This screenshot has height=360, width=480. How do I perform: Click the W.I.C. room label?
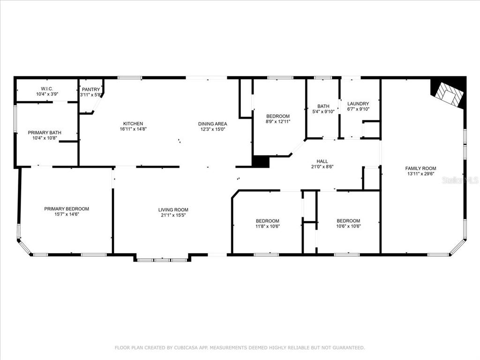47,89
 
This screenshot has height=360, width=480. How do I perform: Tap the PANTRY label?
91,90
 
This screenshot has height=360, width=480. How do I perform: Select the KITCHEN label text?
133,124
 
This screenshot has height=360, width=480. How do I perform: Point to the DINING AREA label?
213,124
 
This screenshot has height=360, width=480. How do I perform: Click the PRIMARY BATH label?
45,133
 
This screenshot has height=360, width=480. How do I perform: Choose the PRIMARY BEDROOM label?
67,209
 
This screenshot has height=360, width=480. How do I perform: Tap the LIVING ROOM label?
173,210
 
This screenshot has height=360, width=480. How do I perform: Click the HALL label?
322,161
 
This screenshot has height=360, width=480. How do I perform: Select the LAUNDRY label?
358,104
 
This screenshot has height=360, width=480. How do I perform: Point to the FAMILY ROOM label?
420,168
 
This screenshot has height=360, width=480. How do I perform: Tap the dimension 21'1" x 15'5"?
173,215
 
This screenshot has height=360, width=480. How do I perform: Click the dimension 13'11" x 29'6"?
420,174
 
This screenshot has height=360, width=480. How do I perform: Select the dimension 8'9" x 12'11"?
278,121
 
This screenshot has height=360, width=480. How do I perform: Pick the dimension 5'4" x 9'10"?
323,112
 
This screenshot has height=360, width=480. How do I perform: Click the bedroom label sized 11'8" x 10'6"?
268,221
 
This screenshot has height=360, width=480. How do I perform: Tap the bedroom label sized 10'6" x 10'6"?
348,221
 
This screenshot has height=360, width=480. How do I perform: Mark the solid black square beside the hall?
261,162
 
